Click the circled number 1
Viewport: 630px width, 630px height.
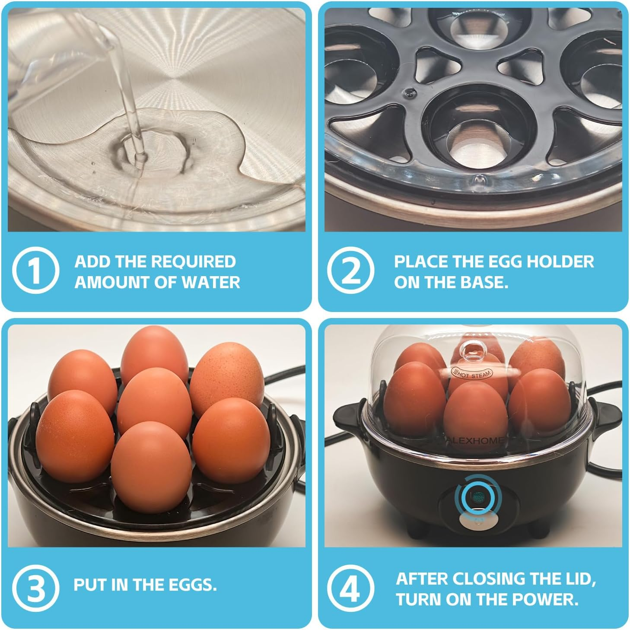tap(35, 270)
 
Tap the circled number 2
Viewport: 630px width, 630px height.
tap(350, 270)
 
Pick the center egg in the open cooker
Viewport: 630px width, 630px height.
tap(154, 401)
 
